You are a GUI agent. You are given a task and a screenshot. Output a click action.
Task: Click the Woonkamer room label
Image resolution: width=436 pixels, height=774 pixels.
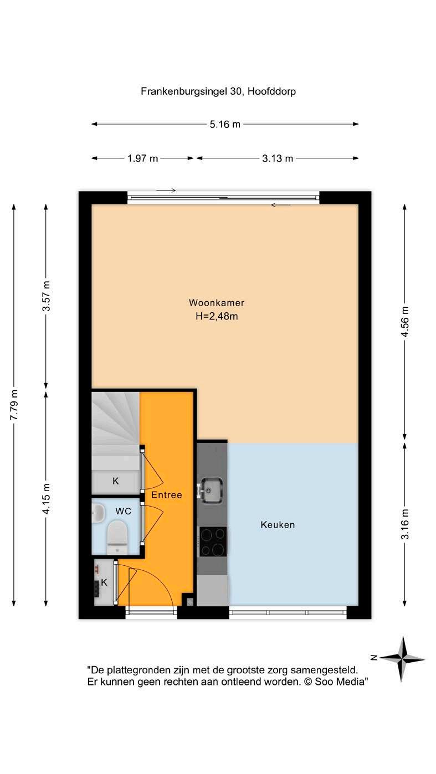click(217, 303)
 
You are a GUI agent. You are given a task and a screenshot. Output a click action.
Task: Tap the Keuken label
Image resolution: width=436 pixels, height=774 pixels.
click(278, 525)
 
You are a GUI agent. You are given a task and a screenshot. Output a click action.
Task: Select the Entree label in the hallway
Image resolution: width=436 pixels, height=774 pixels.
click(167, 495)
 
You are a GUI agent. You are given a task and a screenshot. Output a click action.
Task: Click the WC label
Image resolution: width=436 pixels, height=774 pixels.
click(124, 511)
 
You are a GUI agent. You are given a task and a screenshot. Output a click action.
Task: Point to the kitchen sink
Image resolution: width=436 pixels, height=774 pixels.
click(211, 490)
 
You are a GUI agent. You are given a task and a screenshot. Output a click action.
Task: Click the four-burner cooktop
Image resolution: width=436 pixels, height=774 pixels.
click(213, 541)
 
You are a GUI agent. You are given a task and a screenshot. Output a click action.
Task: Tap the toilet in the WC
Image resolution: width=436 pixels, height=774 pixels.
click(117, 538)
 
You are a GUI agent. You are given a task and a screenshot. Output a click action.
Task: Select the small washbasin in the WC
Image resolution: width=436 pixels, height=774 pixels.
click(98, 513)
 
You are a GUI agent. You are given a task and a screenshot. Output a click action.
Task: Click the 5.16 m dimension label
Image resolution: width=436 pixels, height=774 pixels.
click(225, 124)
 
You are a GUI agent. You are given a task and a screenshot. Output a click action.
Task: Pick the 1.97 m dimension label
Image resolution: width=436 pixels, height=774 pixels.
click(143, 158)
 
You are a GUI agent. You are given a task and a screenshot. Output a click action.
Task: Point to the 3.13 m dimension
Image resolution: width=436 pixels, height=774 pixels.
click(278, 158)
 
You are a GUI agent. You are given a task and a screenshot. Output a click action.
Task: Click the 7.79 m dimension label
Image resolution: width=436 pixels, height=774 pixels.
click(14, 405)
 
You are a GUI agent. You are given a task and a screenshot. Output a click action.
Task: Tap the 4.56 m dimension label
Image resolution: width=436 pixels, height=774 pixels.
click(404, 321)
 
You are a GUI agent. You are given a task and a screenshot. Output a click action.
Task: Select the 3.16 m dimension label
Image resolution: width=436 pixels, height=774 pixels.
click(404, 524)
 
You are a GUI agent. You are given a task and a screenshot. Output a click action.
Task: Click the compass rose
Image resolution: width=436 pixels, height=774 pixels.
click(402, 659)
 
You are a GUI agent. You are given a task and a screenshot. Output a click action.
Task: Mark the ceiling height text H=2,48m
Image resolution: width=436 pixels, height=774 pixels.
click(217, 316)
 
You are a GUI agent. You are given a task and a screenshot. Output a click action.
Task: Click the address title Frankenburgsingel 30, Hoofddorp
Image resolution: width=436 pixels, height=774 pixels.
click(218, 91)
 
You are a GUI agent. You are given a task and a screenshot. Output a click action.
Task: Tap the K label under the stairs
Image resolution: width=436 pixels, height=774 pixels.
click(115, 481)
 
